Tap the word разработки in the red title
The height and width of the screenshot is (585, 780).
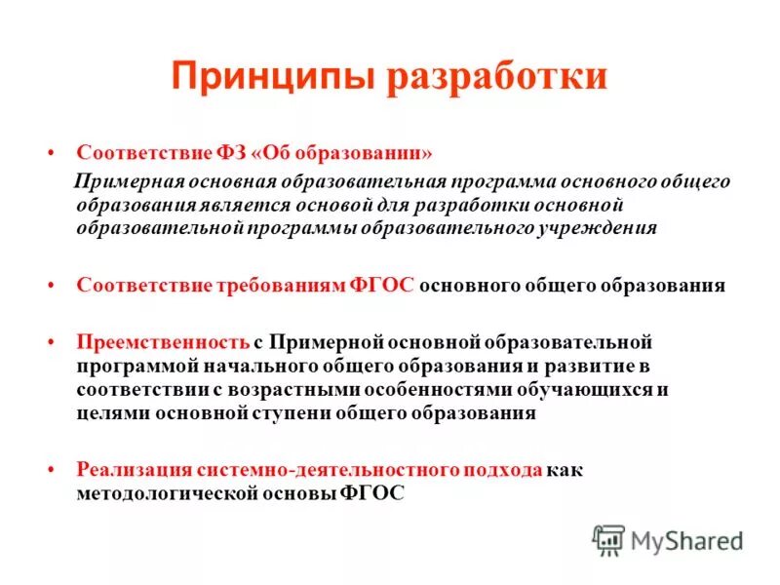coord(497,77)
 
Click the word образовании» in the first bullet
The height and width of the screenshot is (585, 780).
coord(368,154)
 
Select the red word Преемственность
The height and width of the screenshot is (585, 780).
coord(164,342)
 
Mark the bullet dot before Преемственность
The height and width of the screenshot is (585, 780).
coord(51,343)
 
